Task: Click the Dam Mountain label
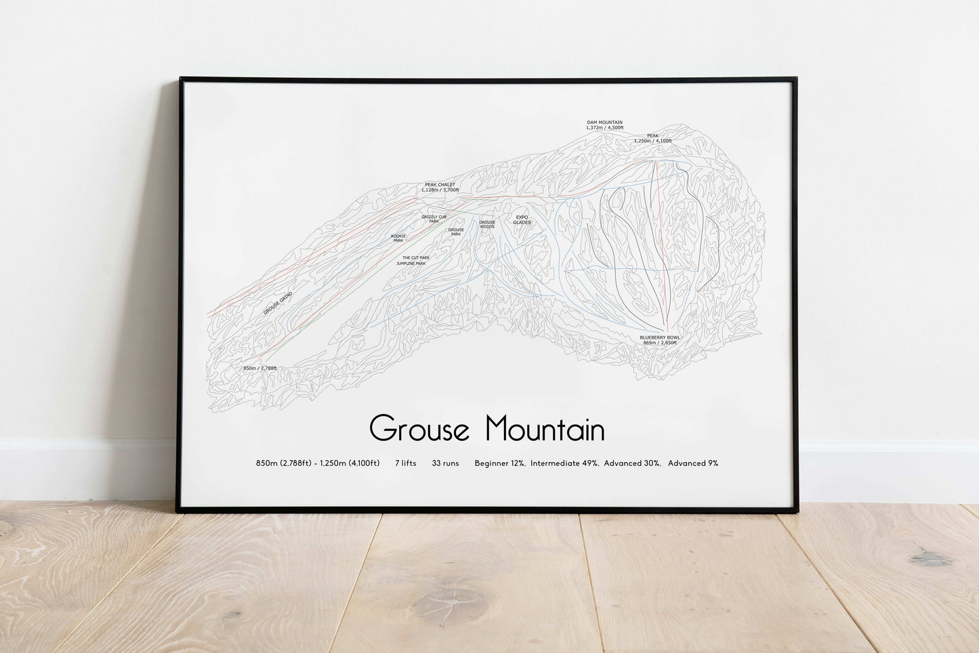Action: pyautogui.click(x=604, y=123)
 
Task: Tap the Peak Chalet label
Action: pyautogui.click(x=440, y=184)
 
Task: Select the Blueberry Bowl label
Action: pyautogui.click(x=659, y=337)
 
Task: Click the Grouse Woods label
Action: pyautogui.click(x=487, y=224)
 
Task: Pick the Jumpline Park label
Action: pyautogui.click(x=411, y=264)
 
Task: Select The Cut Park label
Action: pyautogui.click(x=416, y=257)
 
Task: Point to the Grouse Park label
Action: pyautogui.click(x=456, y=232)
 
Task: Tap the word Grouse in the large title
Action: pyautogui.click(x=419, y=429)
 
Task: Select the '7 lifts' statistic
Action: pyautogui.click(x=405, y=463)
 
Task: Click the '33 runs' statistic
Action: pyautogui.click(x=445, y=463)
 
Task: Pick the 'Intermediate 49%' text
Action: pyautogui.click(x=564, y=463)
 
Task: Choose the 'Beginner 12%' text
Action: pyautogui.click(x=500, y=463)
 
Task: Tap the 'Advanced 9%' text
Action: pyautogui.click(x=693, y=463)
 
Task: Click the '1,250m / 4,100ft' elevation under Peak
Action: pyautogui.click(x=653, y=141)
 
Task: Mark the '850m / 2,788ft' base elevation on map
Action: pyautogui.click(x=260, y=368)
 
